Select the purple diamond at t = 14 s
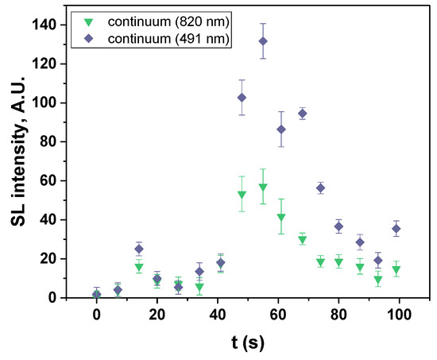point(139,249)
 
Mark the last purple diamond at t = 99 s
point(396,229)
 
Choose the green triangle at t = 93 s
point(378,280)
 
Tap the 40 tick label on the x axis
point(217,313)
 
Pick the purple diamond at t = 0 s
point(97,295)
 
